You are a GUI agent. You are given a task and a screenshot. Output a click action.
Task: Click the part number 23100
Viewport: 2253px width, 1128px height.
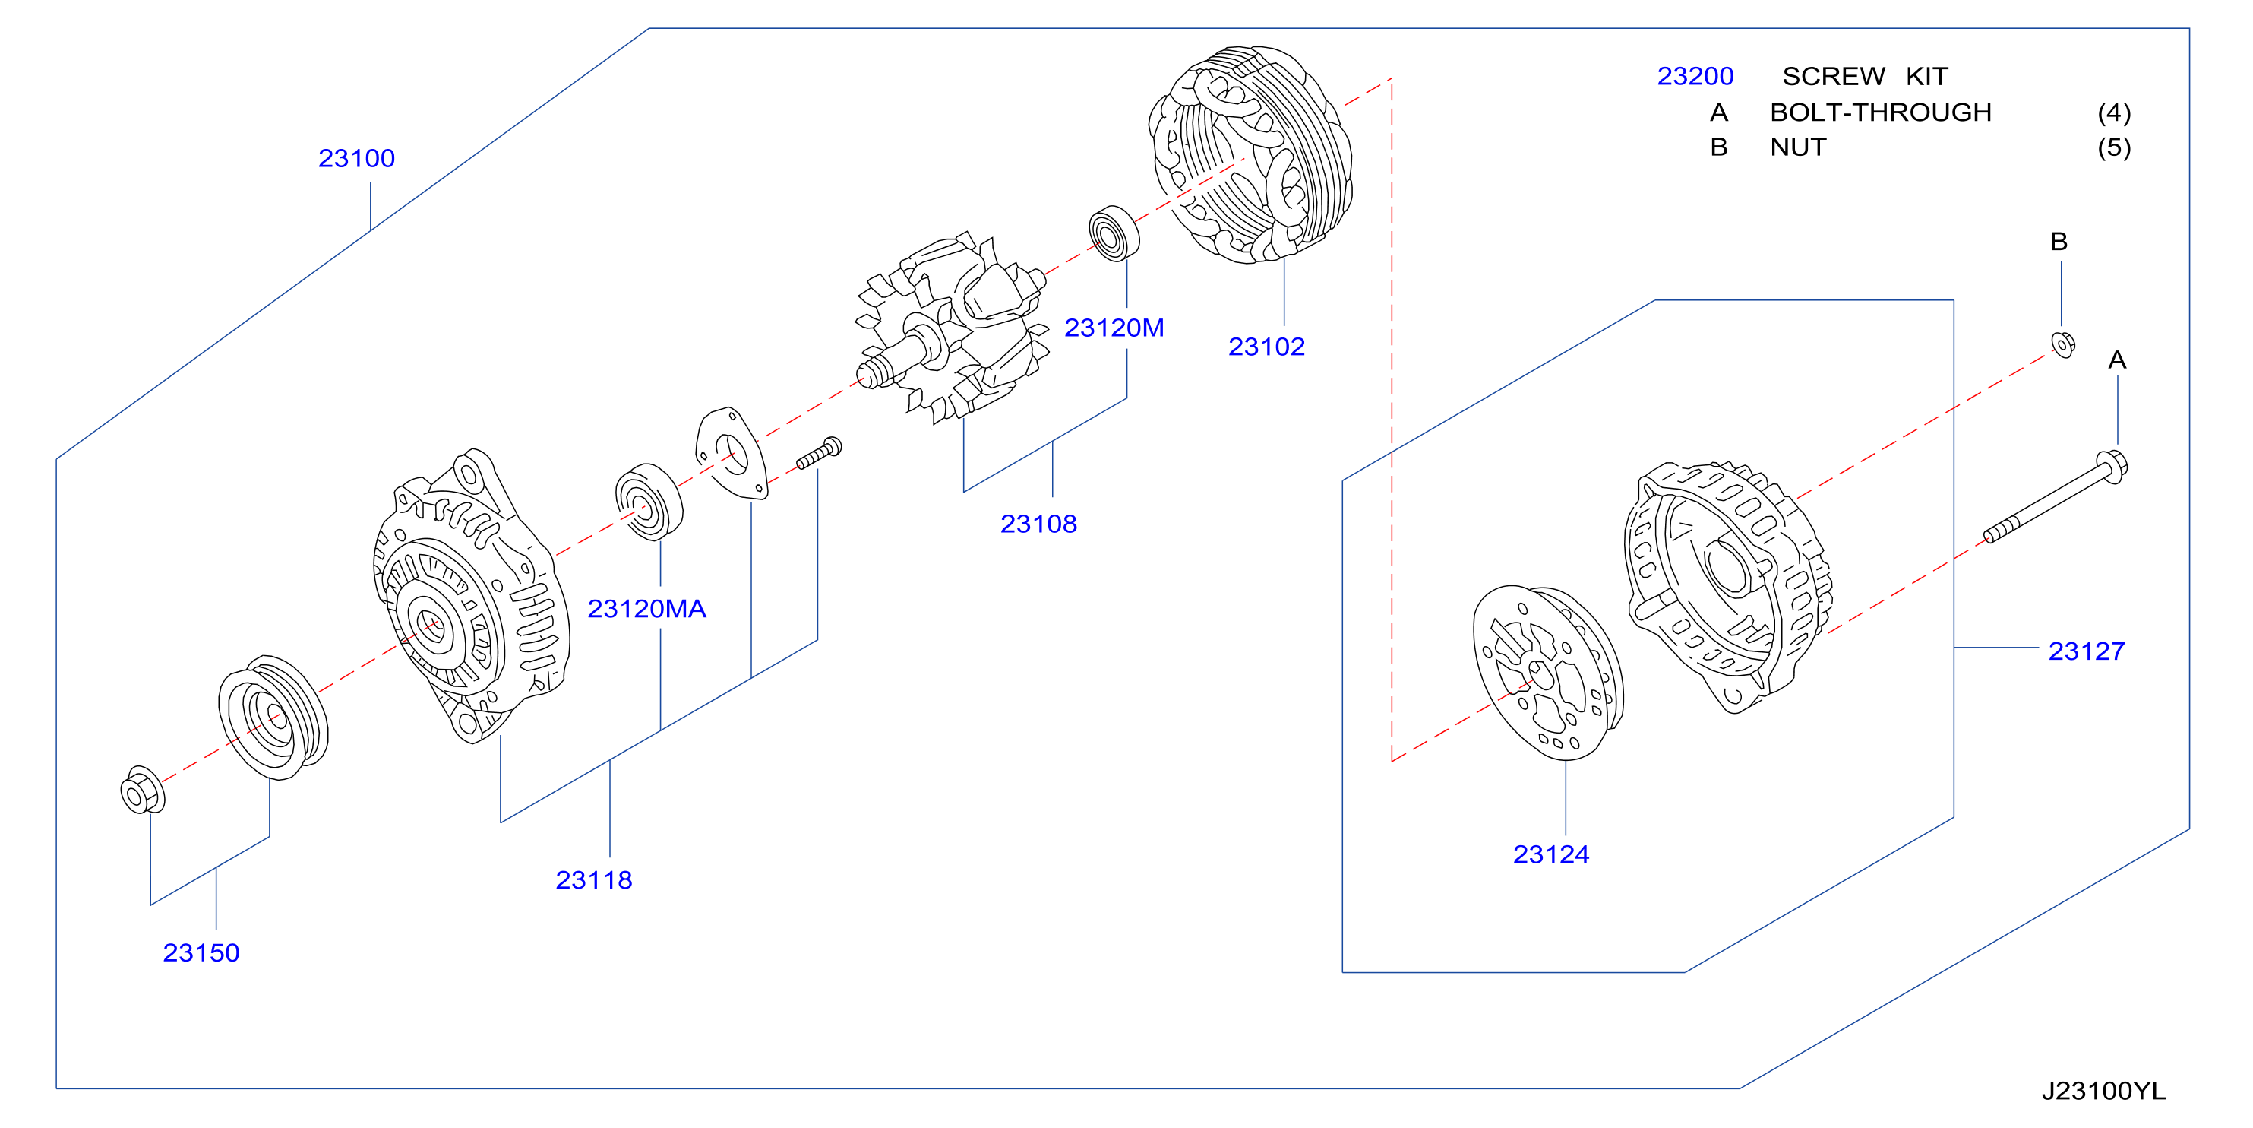point(356,158)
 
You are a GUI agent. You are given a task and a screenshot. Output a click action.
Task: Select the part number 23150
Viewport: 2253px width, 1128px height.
point(201,952)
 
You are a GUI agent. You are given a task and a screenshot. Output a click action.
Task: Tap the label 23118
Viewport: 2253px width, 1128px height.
point(594,879)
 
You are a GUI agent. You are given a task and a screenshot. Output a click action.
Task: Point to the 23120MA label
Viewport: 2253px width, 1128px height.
point(646,608)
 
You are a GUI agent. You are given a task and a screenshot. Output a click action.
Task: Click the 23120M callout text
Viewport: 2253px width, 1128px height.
point(1114,328)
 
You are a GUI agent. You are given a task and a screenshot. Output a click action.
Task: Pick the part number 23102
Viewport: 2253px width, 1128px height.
point(1266,347)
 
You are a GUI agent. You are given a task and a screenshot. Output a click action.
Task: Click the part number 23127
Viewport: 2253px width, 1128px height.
point(2086,651)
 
